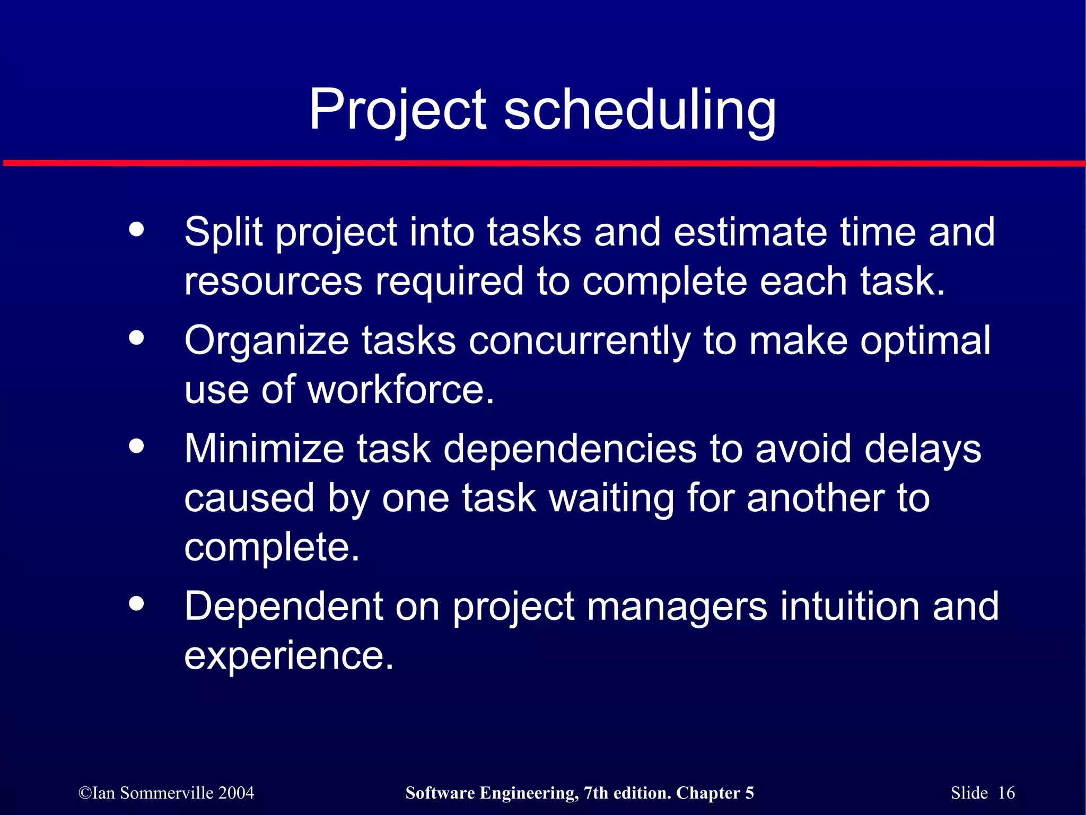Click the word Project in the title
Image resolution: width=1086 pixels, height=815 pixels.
(398, 110)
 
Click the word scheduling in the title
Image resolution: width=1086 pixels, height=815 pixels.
(640, 110)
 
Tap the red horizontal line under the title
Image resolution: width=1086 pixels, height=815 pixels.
(543, 163)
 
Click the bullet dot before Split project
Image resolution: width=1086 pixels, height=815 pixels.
(136, 230)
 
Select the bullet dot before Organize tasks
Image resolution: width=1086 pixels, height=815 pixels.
(136, 338)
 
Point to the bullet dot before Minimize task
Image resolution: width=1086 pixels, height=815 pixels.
(136, 446)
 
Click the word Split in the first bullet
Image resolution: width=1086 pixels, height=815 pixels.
(223, 232)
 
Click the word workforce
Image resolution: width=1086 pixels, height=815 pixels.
(400, 390)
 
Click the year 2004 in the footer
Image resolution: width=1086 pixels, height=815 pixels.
(236, 793)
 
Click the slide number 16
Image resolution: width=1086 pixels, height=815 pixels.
(1006, 793)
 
